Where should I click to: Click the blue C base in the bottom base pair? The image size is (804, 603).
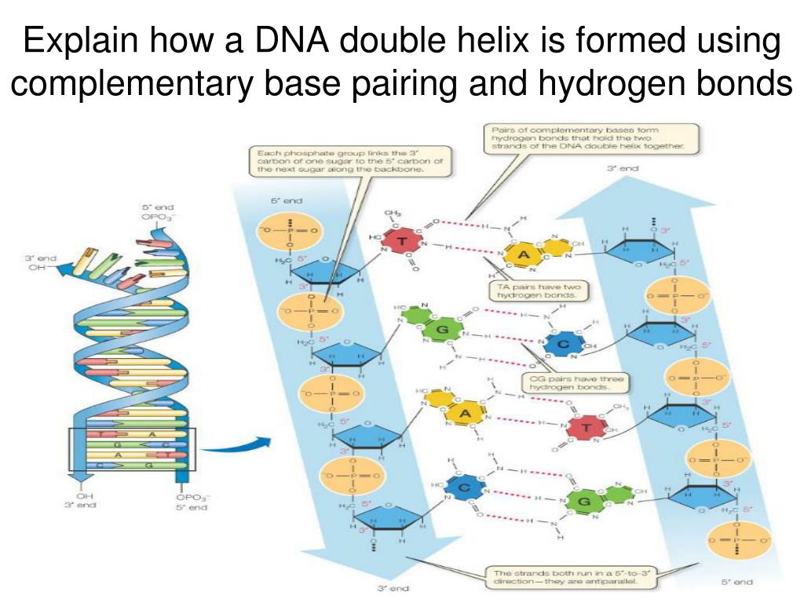[x=462, y=490]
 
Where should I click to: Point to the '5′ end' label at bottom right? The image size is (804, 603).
[x=737, y=582]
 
